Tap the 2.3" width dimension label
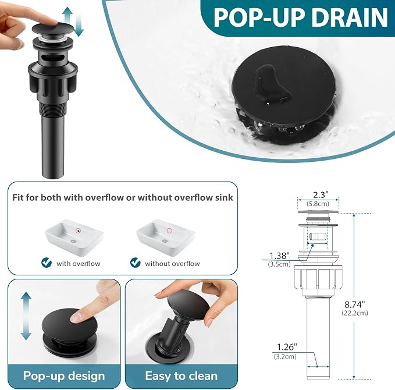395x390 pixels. (x=321, y=195)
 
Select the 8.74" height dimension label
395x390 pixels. (x=355, y=304)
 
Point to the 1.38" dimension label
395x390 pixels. (x=280, y=256)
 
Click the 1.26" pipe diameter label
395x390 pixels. (x=287, y=347)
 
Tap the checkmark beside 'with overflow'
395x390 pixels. (x=47, y=263)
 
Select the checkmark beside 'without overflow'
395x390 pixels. (x=136, y=263)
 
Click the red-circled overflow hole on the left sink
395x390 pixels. (x=79, y=231)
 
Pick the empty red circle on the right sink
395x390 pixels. (x=169, y=231)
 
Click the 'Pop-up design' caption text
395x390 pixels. (x=64, y=376)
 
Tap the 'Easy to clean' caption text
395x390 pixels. (x=182, y=376)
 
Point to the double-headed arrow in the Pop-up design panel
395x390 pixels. (x=26, y=316)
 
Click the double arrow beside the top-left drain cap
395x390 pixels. (x=73, y=22)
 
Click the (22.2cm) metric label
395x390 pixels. (x=355, y=313)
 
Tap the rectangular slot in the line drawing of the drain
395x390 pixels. (x=318, y=237)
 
